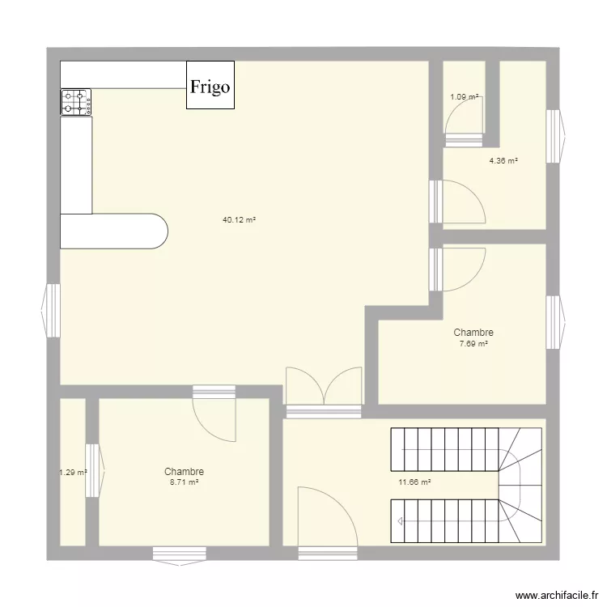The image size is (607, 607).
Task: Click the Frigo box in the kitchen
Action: point(210,85)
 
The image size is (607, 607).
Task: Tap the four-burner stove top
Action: point(76,102)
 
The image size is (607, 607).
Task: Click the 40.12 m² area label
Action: point(240,219)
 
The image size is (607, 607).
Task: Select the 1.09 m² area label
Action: point(465,97)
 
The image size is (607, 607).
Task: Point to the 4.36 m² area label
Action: point(503,160)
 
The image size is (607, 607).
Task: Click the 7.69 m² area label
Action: point(473,344)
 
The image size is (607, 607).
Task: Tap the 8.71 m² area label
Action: point(184,482)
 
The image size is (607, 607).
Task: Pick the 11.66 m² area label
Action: point(414,482)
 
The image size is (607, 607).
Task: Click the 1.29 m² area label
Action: point(73,473)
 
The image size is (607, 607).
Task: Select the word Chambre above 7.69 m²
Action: point(473,333)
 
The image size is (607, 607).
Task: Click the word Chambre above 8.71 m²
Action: point(184,471)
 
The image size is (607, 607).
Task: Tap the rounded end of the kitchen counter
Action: point(154,231)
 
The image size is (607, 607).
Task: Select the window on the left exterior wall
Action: point(51,309)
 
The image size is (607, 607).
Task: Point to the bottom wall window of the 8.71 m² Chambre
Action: point(179,554)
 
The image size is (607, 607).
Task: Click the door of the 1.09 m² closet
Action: point(463,129)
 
